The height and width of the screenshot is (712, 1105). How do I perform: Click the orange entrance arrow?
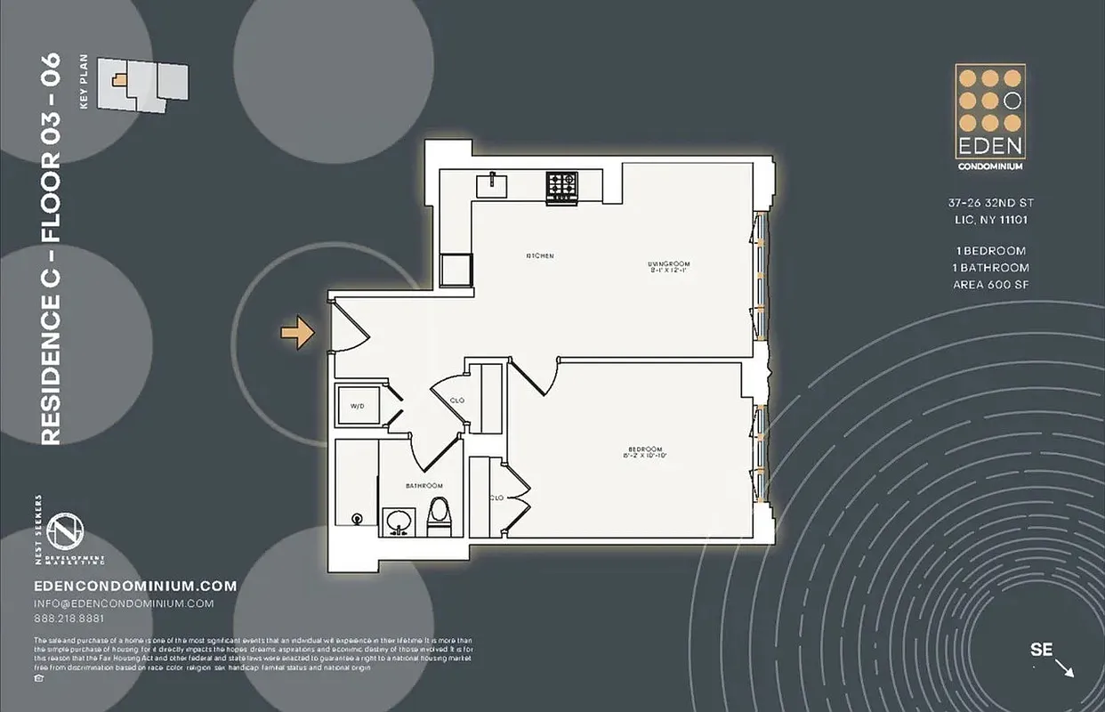(298, 334)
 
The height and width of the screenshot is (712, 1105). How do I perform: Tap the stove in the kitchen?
(561, 185)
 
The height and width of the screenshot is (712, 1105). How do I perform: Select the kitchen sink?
(492, 185)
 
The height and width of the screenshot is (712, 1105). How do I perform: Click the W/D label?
(358, 406)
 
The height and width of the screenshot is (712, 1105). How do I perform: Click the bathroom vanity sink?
(398, 521)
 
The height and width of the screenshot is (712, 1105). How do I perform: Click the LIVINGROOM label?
(668, 264)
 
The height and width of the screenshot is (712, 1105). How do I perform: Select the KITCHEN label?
(540, 256)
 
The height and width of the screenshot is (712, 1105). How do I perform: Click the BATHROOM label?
(424, 485)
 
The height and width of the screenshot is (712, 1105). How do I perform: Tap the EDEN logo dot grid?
(989, 100)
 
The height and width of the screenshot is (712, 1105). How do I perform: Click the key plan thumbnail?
(142, 85)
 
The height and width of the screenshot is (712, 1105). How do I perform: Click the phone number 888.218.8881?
(68, 619)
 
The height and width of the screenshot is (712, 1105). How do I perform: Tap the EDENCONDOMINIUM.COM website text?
(135, 586)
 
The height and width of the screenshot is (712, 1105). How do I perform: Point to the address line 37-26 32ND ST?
(989, 203)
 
